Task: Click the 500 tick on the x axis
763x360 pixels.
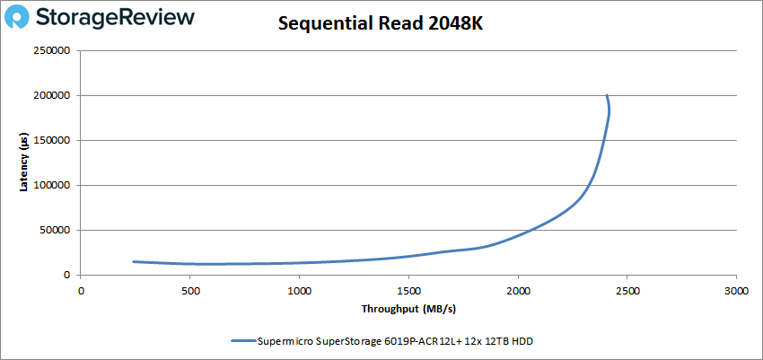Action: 189,291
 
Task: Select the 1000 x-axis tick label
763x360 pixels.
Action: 299,291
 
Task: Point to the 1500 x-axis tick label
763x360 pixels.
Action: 408,291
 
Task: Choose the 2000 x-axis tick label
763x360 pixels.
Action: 518,291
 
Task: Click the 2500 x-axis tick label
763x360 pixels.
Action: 627,291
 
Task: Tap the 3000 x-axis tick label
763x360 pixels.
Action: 736,291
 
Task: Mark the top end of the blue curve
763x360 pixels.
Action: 607,95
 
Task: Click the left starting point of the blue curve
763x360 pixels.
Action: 133,261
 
